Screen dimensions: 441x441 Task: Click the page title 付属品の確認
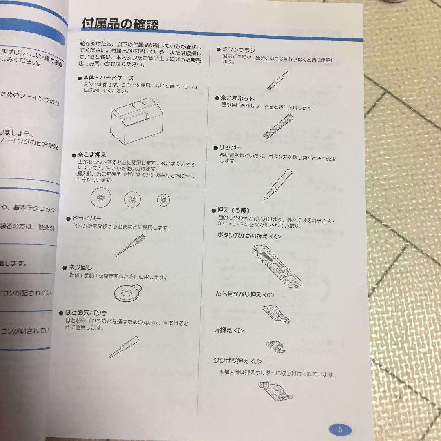120,23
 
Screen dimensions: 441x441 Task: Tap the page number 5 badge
340,429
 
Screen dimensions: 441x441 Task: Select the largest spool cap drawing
100,198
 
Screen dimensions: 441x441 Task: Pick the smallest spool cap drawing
163,200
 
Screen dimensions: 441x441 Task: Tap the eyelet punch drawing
125,347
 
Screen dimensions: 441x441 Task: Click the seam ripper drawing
272,185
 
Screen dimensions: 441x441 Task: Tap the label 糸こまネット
238,98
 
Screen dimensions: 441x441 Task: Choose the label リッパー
232,148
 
